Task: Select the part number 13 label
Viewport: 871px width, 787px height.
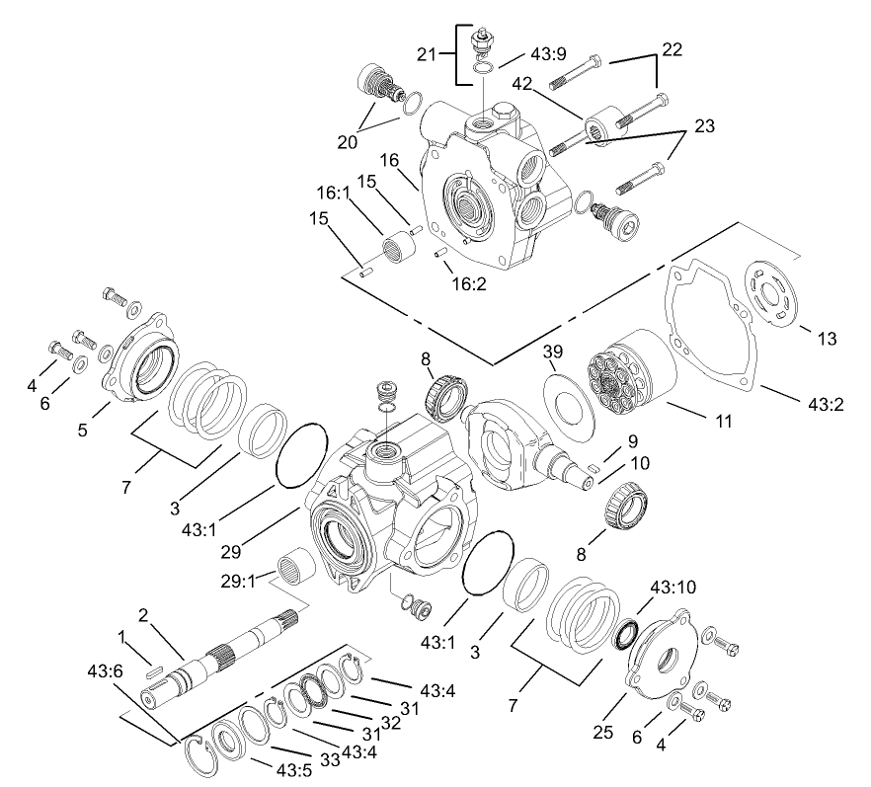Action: coord(827,339)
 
